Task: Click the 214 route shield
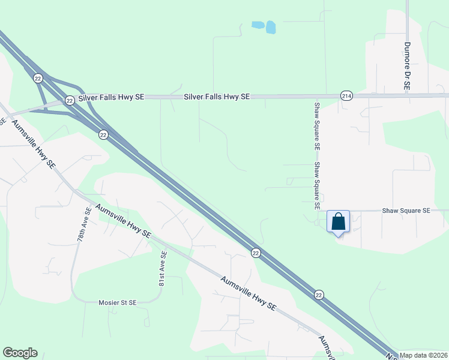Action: click(346, 96)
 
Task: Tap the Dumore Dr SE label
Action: click(406, 66)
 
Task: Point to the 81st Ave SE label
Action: click(161, 268)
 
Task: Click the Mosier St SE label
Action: click(118, 303)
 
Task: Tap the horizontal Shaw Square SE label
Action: click(406, 211)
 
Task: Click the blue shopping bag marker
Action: click(339, 221)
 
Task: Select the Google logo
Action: click(20, 353)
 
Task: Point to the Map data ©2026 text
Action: click(423, 355)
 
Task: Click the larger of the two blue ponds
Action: click(271, 27)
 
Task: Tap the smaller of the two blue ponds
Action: click(258, 25)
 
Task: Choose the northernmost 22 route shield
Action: click(38, 78)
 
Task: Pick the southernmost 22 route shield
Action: click(319, 294)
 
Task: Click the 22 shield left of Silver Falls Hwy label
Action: click(70, 100)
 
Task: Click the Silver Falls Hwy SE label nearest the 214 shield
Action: click(217, 96)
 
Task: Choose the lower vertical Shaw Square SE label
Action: click(317, 186)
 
